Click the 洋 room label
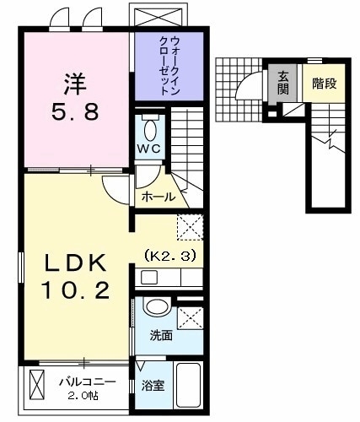click(73, 84)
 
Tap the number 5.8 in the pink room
click(73, 110)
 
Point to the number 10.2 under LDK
click(76, 292)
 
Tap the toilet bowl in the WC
click(151, 132)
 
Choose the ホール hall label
click(159, 197)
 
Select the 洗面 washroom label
click(161, 335)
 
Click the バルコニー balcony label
click(83, 381)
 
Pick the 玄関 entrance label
click(283, 82)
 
